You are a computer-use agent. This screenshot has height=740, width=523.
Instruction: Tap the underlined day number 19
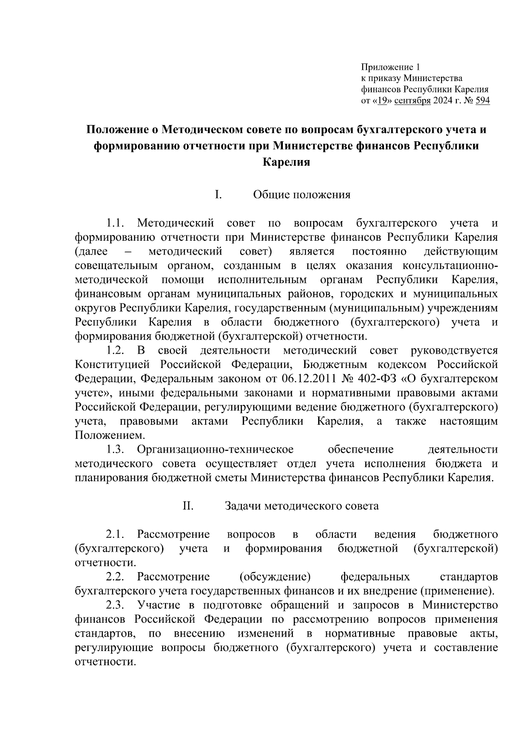pos(382,101)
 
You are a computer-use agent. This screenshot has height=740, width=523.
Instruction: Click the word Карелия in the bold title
pos(286,162)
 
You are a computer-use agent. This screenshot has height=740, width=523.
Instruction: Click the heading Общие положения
pos(302,194)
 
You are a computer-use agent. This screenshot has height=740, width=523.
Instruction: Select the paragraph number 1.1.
pos(115,223)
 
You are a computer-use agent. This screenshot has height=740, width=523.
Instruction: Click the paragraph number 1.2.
pos(115,350)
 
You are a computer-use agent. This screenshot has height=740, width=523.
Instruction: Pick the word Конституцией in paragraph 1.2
pos(112,364)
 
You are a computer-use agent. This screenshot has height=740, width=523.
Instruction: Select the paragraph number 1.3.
pos(115,449)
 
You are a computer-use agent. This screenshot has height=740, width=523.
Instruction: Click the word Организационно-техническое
pos(215,449)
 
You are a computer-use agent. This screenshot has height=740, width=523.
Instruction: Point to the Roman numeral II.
pos(188,506)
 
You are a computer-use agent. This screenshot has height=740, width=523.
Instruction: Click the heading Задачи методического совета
pos(302,506)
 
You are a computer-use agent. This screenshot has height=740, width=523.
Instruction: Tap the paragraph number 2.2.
pos(115,577)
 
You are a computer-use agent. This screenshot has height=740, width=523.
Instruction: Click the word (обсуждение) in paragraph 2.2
pos(275,577)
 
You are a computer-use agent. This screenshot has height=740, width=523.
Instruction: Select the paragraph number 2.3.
pos(115,605)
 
